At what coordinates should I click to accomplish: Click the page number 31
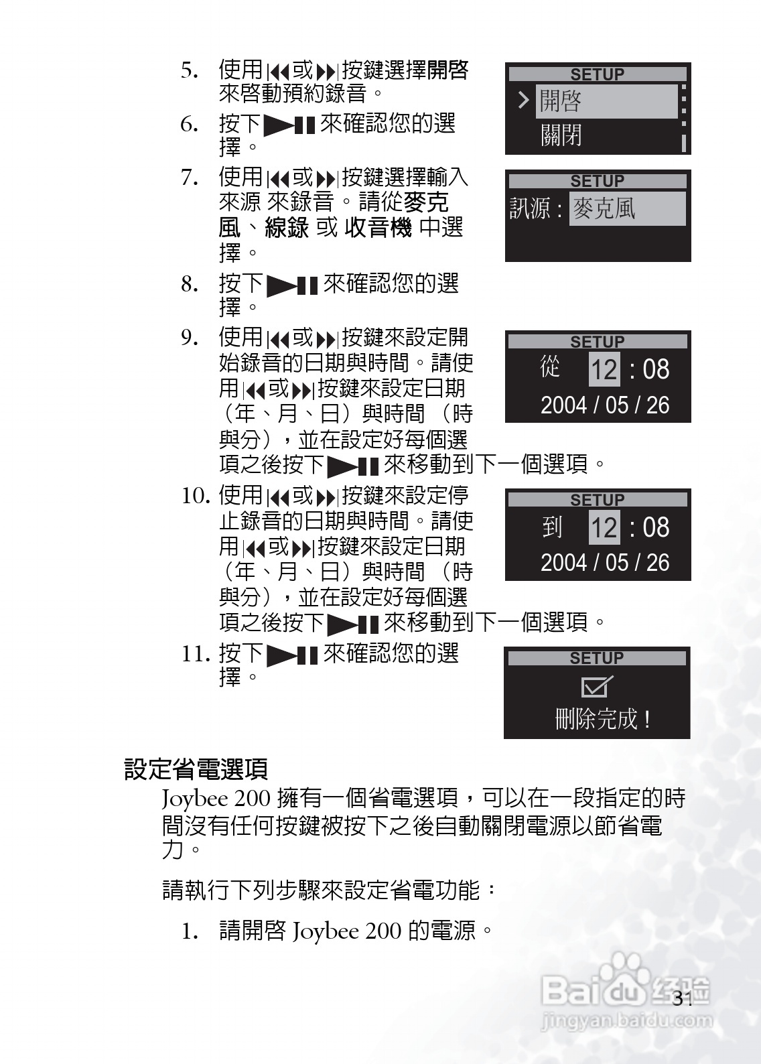coord(683,999)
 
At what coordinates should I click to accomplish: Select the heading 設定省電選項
coord(196,769)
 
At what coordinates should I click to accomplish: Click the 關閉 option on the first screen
coord(561,135)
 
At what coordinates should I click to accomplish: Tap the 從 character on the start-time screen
coord(550,367)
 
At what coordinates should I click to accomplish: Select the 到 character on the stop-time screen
coord(552,527)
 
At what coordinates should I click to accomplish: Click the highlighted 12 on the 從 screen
coord(604,369)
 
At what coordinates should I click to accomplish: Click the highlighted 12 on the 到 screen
coord(604,527)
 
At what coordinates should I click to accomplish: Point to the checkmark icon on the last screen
coord(597,687)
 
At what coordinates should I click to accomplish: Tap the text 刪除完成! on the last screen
coord(603,720)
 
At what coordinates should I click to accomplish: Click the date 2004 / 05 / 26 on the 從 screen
coord(604,405)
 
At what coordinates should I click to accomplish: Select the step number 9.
coord(190,338)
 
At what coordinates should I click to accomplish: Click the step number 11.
coord(196,653)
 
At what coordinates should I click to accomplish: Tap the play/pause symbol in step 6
coord(289,125)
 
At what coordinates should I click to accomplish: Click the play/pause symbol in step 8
coord(292,285)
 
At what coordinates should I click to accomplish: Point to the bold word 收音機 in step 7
coord(378,228)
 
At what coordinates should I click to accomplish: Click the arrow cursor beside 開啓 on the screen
coord(523,101)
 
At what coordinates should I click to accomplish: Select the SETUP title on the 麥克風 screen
coord(597,181)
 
